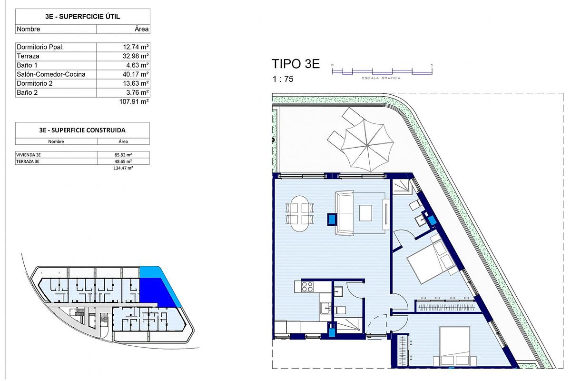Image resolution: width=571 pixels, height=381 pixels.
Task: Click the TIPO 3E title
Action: point(295,64)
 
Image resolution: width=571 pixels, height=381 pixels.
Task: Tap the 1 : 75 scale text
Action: point(283,80)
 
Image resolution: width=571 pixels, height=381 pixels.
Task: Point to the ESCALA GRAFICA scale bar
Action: point(382,72)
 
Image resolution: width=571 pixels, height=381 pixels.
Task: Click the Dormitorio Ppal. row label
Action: point(40,47)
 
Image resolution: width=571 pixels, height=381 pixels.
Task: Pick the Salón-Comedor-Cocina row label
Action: point(51,74)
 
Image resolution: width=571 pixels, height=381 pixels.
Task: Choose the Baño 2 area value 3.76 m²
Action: point(136,92)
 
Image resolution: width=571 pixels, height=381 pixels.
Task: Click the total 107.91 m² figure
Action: point(134,101)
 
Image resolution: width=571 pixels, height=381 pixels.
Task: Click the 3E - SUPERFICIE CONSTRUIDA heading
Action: point(82,130)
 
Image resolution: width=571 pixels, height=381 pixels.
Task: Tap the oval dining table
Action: point(300,213)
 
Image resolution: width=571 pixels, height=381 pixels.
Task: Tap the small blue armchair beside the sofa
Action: point(332,219)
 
